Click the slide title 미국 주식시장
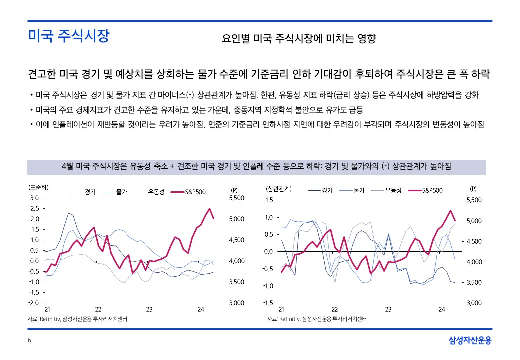click(68, 37)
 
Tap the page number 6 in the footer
click(29, 340)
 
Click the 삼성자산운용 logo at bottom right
click(470, 341)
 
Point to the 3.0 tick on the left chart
click(34, 198)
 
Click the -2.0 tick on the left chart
click(33, 303)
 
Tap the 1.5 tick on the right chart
click(269, 200)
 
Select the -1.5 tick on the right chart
click(268, 303)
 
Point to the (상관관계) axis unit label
click(279, 189)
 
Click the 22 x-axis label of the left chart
click(98, 310)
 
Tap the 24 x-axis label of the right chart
click(442, 310)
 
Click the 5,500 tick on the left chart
click(236, 198)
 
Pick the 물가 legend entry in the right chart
click(359, 190)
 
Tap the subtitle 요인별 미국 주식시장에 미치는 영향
click(299, 38)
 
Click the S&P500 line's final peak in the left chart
click(210, 209)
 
